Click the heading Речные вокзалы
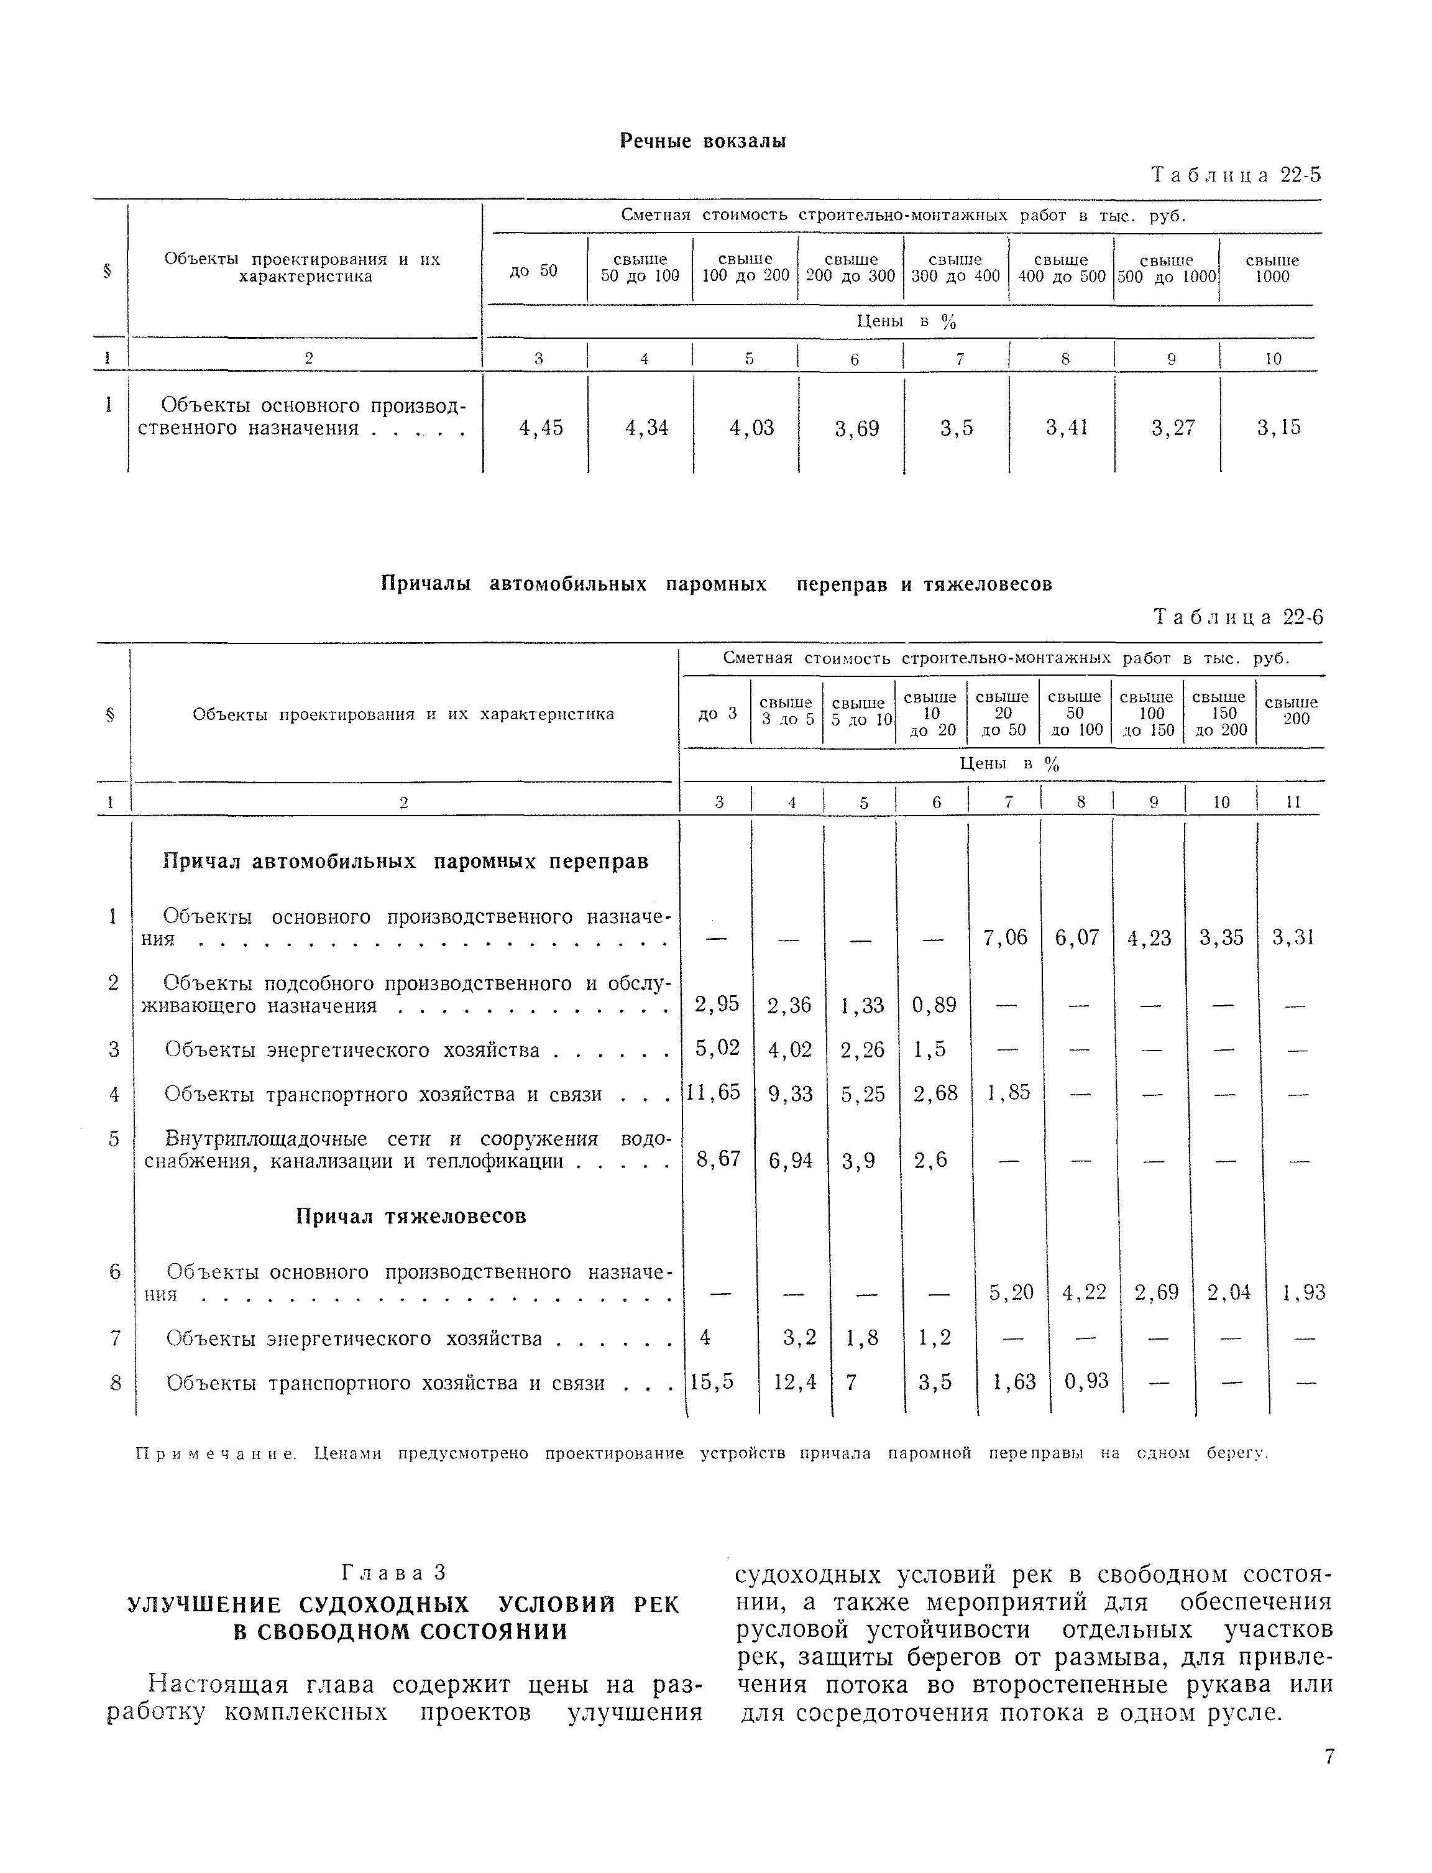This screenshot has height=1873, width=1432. point(702,140)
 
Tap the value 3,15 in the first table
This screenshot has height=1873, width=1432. point(1278,428)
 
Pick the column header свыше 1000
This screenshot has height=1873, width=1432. point(1272,269)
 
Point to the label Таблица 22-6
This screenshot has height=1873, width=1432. point(1237,617)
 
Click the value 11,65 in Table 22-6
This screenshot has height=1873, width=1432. point(714,1092)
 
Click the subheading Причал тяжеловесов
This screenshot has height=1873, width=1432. point(411,1217)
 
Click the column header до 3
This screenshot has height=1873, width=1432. point(716,714)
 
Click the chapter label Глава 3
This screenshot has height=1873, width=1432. point(394,1572)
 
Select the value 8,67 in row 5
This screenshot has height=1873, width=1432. point(718,1159)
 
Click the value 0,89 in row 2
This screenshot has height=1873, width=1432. point(934,1005)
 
